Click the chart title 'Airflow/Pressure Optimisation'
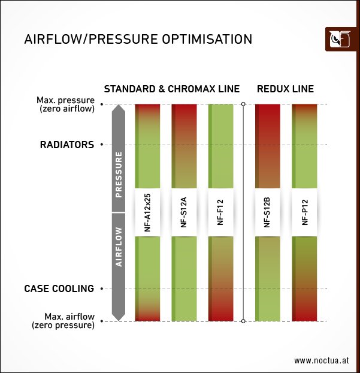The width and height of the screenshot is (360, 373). [138, 40]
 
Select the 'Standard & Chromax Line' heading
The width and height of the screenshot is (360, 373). [172, 89]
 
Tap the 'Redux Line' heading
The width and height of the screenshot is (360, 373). [285, 89]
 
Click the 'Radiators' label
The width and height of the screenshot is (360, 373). [66, 145]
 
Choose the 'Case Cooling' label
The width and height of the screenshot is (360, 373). [59, 288]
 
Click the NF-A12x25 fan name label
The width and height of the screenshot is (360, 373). [147, 212]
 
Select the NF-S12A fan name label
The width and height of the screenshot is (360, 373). [183, 212]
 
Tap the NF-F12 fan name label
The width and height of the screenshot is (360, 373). [220, 212]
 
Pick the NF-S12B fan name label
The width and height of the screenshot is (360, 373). [267, 212]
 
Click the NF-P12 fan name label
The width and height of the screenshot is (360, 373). [304, 212]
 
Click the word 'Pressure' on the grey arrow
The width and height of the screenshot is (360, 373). [119, 174]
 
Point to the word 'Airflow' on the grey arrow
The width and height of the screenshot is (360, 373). [119, 246]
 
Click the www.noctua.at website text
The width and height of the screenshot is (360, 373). [322, 360]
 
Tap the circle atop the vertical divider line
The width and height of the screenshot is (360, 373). [243, 104]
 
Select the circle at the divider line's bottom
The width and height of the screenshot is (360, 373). [243, 321]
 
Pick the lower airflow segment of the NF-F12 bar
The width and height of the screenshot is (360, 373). [220, 279]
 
